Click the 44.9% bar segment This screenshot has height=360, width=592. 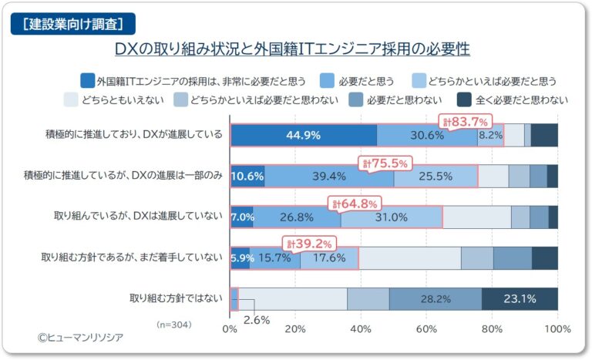303,135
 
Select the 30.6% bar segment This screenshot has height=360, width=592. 427,135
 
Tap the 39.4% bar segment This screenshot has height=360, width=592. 329,176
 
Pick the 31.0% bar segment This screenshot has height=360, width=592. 391,217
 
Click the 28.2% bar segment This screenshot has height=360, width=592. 436,299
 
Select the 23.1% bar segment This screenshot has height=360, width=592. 520,299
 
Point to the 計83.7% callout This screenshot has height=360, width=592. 464,121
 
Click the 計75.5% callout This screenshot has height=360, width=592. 385,163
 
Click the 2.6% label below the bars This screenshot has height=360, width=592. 257,319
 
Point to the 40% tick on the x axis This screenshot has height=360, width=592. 361,329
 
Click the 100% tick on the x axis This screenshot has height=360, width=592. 556,329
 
